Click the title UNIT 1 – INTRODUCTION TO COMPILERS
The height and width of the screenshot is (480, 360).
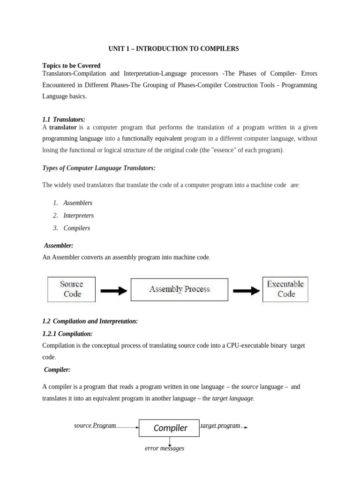tap(173, 49)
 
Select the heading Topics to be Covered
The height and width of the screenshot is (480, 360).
tap(71, 66)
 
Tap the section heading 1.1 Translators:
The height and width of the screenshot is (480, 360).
tap(64, 120)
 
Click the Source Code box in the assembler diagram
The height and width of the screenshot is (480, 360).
tap(71, 289)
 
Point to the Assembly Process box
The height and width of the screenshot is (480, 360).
tap(179, 289)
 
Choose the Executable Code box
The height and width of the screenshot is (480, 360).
tap(285, 289)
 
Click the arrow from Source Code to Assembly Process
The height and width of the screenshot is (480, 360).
tap(113, 291)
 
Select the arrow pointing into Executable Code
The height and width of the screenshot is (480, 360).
tap(246, 291)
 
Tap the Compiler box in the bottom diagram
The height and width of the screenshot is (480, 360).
tap(170, 427)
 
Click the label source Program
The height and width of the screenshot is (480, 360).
tap(95, 426)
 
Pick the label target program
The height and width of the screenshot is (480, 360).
tap(220, 426)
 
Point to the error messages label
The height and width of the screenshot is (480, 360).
tap(164, 449)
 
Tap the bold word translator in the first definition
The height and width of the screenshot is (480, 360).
tap(63, 127)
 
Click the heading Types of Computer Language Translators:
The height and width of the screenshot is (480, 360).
tap(99, 168)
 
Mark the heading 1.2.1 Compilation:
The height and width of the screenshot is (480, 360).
tap(67, 334)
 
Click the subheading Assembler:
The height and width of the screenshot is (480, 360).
tap(59, 246)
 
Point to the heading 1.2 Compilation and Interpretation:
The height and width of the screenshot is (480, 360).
tap(90, 321)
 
